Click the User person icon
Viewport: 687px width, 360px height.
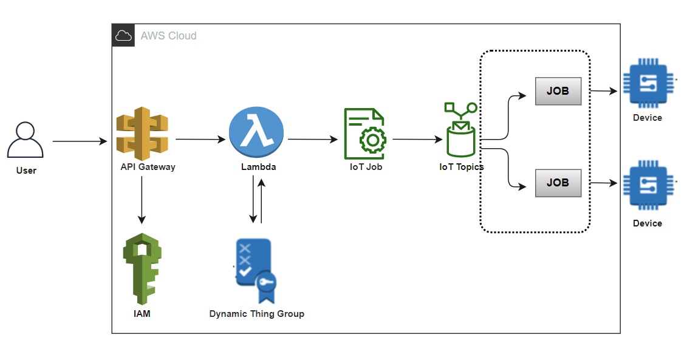tap(26, 140)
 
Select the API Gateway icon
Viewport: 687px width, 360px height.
tap(142, 133)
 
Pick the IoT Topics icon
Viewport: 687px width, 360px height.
tap(460, 130)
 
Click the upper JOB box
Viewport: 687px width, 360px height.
tap(558, 91)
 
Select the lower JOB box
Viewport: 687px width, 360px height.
tap(558, 183)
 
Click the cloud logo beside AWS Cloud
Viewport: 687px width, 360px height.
tap(123, 35)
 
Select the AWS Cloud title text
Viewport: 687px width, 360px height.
tap(168, 36)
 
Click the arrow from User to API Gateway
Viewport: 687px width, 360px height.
tap(79, 141)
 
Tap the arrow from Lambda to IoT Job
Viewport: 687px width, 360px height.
tap(312, 140)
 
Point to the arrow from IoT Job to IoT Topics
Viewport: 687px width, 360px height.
tap(417, 140)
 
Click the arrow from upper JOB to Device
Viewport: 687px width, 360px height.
tap(604, 91)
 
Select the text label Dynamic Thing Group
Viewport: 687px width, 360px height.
tap(256, 314)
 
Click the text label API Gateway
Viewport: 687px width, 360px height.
tap(148, 167)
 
